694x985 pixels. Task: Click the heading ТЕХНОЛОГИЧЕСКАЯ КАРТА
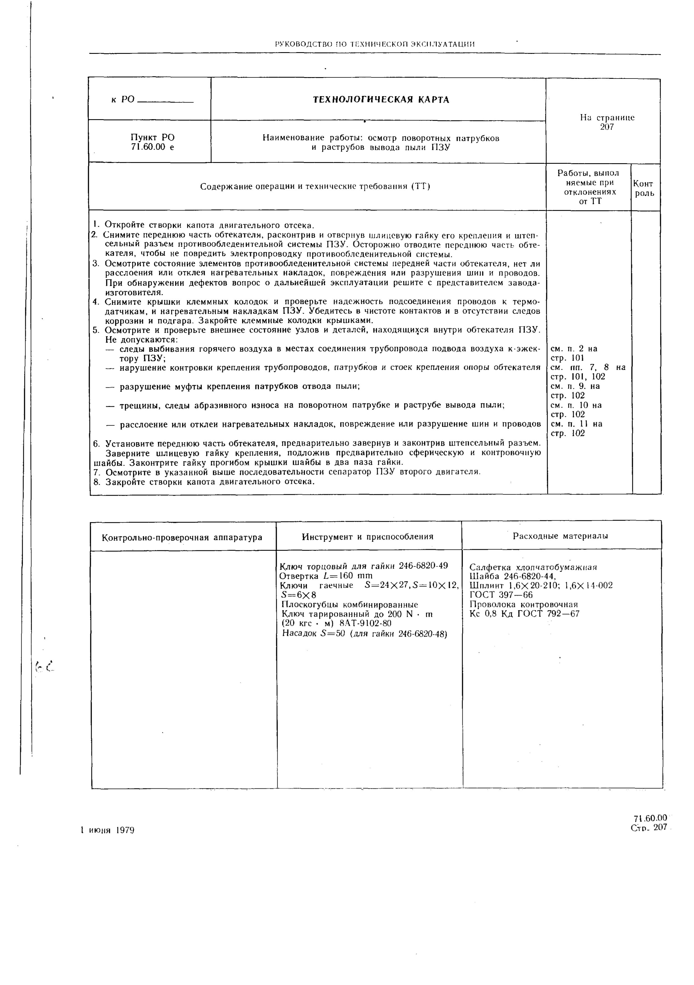coord(381,100)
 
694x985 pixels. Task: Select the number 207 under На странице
coord(607,127)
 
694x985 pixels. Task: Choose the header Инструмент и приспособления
coord(368,537)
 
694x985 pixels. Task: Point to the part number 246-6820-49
coord(423,566)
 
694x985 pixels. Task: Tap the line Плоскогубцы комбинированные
coord(348,605)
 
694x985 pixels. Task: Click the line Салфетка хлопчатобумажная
coord(533,568)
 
